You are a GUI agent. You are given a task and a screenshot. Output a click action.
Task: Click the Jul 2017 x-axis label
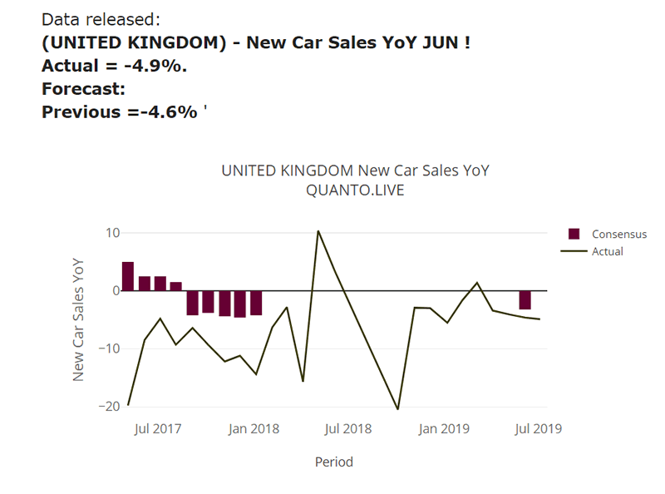(158, 429)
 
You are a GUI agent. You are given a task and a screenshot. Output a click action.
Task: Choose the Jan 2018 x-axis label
(254, 429)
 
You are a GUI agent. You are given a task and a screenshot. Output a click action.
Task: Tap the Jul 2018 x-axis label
(347, 429)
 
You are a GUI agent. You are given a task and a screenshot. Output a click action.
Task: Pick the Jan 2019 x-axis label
(443, 429)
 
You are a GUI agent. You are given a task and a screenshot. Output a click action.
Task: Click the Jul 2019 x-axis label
(537, 429)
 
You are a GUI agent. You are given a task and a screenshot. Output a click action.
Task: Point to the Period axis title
(333, 462)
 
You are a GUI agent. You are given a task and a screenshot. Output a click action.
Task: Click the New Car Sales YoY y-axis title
(79, 319)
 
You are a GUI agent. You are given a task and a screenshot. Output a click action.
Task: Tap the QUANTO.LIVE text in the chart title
(355, 190)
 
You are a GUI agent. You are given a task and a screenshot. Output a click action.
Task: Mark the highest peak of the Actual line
(318, 231)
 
